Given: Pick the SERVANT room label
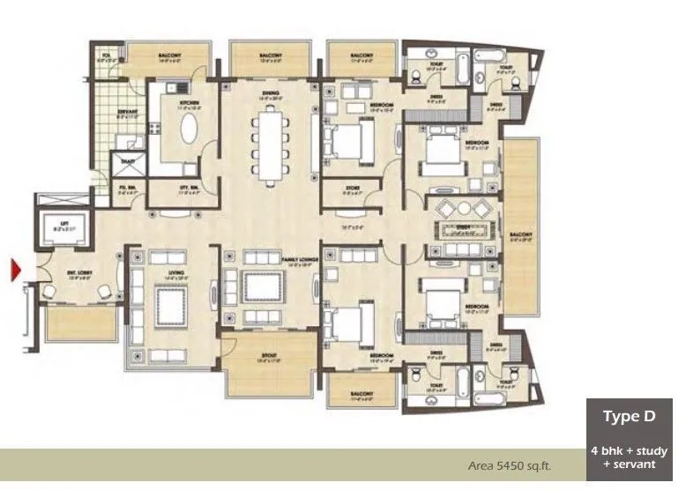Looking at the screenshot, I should [x=127, y=111].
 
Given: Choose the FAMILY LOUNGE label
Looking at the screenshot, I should [x=298, y=261].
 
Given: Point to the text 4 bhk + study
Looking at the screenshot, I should [x=629, y=451].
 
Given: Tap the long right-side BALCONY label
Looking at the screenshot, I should [x=520, y=235].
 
